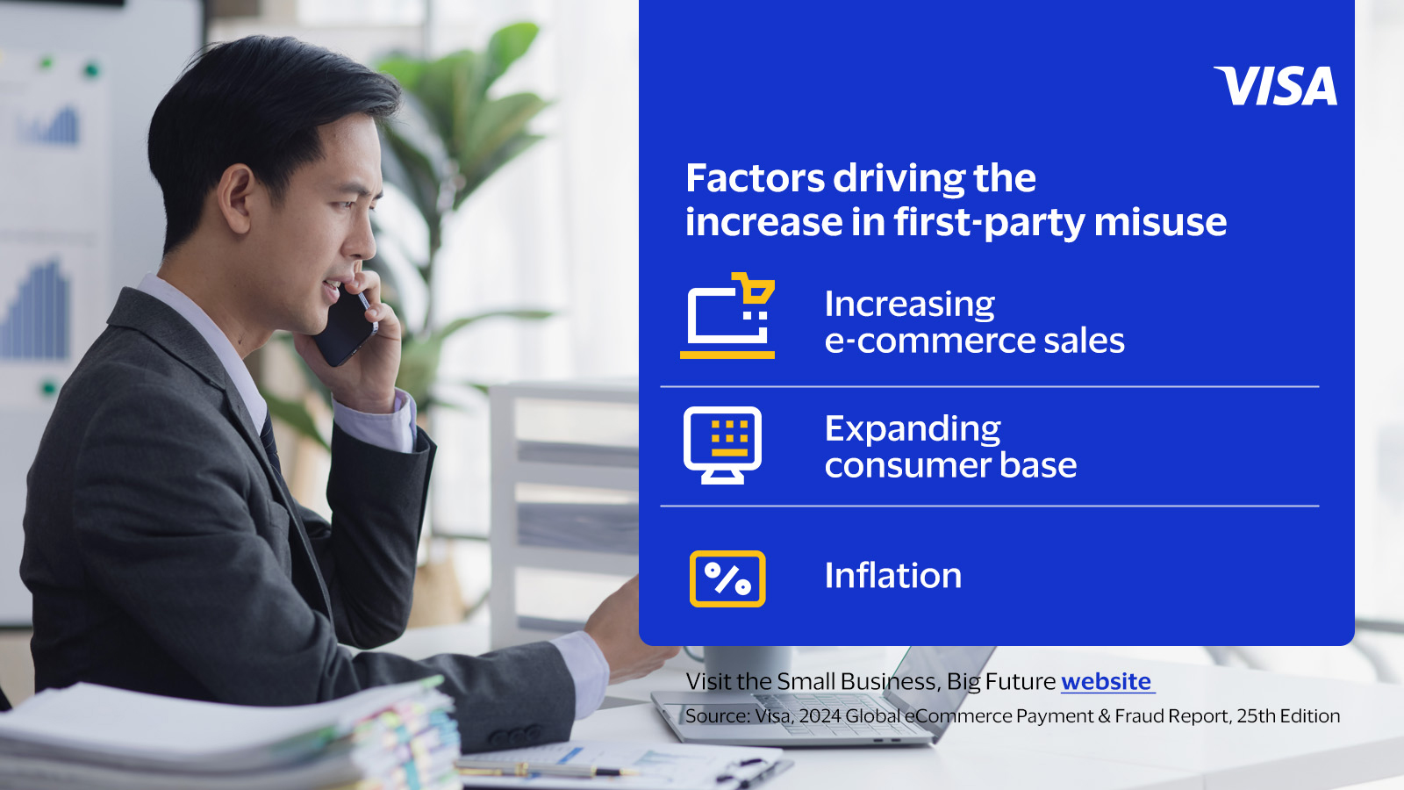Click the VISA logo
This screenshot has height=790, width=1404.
tap(1276, 86)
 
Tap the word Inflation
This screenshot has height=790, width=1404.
tap(893, 576)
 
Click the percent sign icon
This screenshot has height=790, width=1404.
tap(727, 578)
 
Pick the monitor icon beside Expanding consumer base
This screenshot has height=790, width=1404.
tap(723, 445)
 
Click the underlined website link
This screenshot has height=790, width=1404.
tap(1107, 681)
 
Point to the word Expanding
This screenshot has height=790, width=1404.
tap(913, 430)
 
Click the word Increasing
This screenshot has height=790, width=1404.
tap(909, 305)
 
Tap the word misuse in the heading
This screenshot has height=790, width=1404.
tap(1160, 222)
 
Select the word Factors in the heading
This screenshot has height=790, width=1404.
tap(755, 178)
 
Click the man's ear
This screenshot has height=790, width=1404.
tap(238, 198)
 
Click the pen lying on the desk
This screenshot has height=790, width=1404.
tap(544, 769)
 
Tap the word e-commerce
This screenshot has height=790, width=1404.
tap(929, 341)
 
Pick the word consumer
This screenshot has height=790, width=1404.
tap(907, 466)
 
